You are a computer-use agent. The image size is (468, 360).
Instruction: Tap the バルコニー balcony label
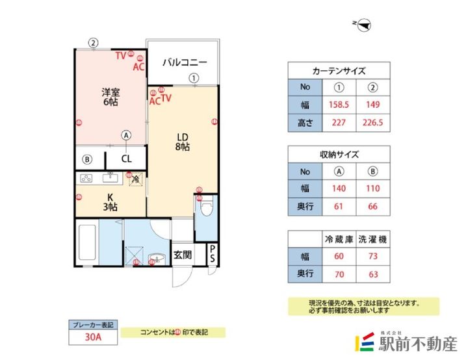(x=184, y=63)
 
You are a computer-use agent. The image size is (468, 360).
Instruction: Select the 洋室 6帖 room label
(x=109, y=97)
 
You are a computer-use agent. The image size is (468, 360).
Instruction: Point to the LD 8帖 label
(x=183, y=142)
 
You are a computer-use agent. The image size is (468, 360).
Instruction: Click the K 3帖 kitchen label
(x=110, y=202)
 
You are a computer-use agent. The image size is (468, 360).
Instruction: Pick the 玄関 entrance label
(x=181, y=255)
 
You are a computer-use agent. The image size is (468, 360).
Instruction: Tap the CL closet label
(x=126, y=158)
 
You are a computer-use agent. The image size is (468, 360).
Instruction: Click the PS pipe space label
(x=213, y=254)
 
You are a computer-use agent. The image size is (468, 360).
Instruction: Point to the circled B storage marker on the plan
(x=86, y=159)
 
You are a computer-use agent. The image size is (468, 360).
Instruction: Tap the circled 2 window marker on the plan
(x=94, y=43)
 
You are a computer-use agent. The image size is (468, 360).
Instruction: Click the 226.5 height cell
(x=373, y=122)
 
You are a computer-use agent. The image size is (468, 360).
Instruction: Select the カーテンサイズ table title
(x=339, y=71)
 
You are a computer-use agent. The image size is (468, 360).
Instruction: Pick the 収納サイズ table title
(x=339, y=155)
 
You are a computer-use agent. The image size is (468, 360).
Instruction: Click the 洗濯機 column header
(x=373, y=239)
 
